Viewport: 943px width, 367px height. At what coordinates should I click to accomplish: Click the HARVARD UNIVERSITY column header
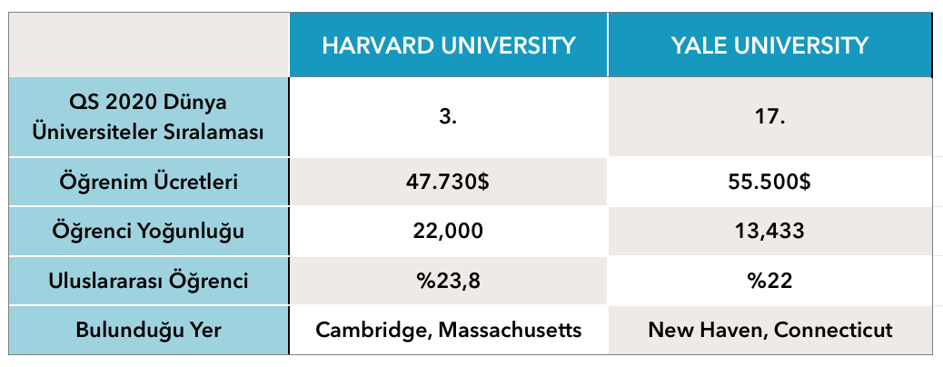tap(449, 45)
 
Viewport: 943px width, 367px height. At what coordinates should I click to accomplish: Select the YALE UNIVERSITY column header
tap(769, 45)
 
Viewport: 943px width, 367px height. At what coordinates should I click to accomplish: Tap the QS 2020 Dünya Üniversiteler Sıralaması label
tap(149, 118)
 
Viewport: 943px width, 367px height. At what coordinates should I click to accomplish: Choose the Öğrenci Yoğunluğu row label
tap(149, 232)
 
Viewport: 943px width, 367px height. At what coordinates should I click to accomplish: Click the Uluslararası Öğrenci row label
tap(149, 281)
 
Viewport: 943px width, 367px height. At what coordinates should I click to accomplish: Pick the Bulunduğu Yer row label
tap(149, 331)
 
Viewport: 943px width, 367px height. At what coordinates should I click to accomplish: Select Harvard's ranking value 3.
tap(448, 117)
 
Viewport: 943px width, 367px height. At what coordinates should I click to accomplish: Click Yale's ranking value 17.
tap(769, 117)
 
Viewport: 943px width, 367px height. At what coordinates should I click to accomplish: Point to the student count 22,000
tap(448, 232)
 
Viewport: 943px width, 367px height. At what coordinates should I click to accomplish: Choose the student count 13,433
tap(769, 232)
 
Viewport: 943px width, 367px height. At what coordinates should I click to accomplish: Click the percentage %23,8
tap(448, 281)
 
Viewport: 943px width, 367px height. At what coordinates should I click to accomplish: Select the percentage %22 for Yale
tap(769, 281)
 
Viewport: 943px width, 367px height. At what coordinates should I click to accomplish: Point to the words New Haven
tap(707, 331)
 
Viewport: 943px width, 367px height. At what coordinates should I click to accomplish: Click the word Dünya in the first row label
tap(194, 103)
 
